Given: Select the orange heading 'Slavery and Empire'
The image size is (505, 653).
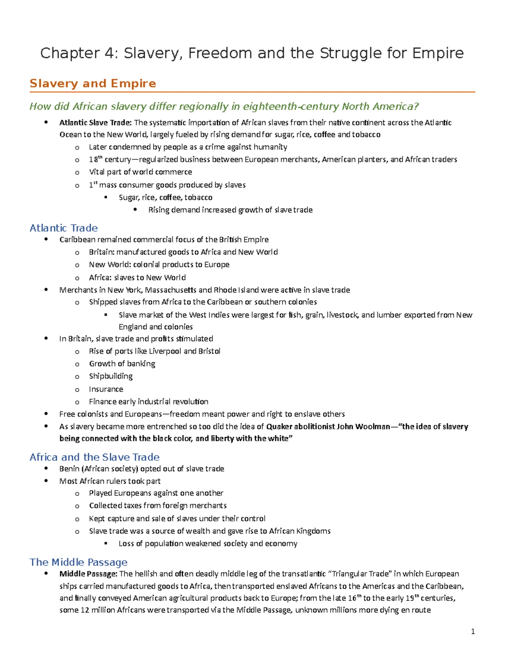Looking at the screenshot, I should (93, 83).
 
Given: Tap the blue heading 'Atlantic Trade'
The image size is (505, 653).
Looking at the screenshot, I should (64, 228).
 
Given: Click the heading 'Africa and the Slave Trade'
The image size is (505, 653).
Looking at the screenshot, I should (94, 457).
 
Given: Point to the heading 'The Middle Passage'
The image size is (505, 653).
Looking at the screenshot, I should (78, 562).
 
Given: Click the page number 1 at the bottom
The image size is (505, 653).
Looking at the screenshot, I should (473, 631).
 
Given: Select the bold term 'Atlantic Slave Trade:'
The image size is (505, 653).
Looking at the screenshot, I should (96, 123).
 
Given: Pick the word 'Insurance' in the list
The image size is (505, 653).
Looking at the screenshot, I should (106, 389).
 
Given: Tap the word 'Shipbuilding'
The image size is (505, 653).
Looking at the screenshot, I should (111, 376).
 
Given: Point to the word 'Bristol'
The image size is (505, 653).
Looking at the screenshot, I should (209, 351).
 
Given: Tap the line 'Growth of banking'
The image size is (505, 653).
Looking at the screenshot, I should (122, 364).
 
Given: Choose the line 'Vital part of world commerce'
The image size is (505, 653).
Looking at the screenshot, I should (141, 172).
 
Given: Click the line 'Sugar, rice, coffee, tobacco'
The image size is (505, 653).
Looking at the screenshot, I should (165, 198).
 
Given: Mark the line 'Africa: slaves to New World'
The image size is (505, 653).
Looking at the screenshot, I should (137, 278).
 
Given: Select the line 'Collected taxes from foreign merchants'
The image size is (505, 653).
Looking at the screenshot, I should (158, 505).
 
